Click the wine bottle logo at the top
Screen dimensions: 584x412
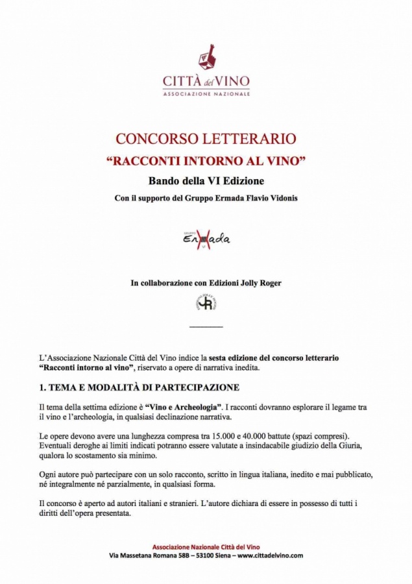coord(206,57)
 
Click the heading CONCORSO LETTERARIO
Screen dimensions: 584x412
coord(206,138)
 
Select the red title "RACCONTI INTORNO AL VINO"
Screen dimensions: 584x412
coord(206,160)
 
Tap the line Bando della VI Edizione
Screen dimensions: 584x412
coord(206,180)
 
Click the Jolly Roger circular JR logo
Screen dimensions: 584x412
coord(206,302)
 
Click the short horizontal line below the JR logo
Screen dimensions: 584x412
coord(206,326)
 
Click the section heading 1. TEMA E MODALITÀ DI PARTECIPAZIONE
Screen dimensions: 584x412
coord(139,387)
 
